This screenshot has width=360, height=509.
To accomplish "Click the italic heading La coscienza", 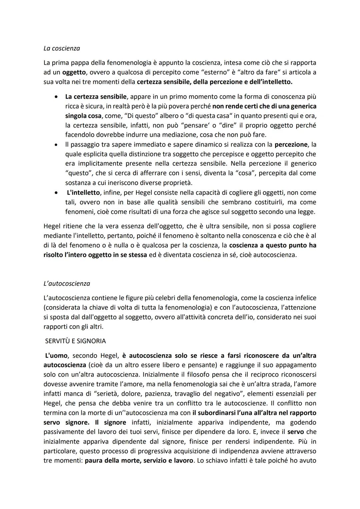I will [x=62, y=48].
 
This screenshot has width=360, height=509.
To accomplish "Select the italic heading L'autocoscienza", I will [x=67, y=284].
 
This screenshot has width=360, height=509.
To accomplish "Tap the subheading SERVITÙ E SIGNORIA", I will [x=76, y=341].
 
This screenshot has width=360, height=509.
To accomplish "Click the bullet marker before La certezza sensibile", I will [x=57, y=97].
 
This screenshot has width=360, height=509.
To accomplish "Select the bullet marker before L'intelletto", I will [x=57, y=193].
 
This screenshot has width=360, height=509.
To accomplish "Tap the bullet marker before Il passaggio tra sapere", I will [x=57, y=145].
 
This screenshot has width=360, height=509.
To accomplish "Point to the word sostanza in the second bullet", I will [x=78, y=183].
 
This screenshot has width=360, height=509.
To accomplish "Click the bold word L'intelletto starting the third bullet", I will [x=83, y=193].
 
